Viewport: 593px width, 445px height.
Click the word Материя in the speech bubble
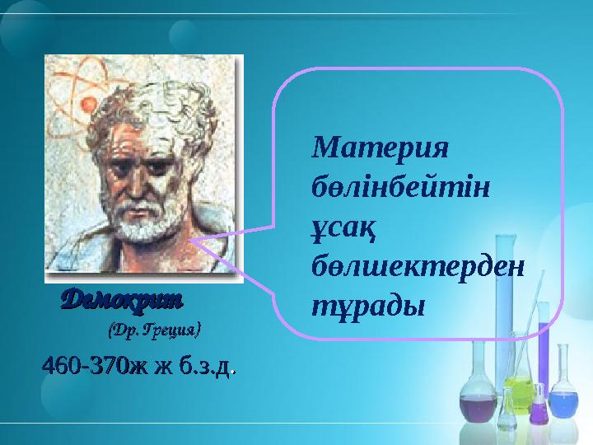pos(379,149)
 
